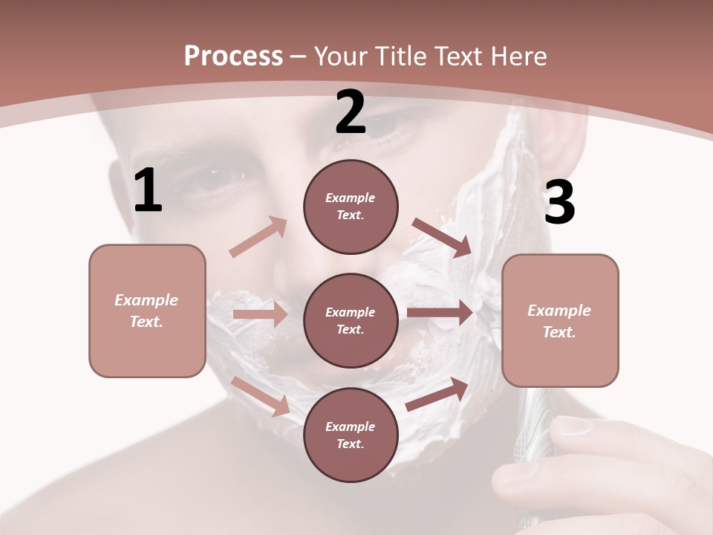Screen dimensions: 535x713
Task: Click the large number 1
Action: [x=148, y=191]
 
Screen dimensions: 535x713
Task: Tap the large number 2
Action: [x=351, y=112]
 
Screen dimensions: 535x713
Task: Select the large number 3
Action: [x=559, y=203]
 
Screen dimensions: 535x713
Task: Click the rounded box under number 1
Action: [x=147, y=311]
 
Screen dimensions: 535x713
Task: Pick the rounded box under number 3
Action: [x=560, y=320]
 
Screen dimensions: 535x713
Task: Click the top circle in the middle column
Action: [x=351, y=207]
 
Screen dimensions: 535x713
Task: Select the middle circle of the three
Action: [x=351, y=320]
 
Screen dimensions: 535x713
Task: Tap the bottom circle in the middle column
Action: [x=351, y=435]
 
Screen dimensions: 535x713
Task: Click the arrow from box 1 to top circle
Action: [x=258, y=237]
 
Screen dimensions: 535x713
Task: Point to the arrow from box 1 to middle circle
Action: [x=260, y=314]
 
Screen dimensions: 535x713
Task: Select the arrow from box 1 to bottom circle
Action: [x=261, y=396]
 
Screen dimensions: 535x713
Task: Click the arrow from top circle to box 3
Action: [x=442, y=237]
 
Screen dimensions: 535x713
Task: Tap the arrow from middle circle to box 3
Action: [x=440, y=313]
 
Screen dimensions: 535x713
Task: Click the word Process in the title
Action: [x=233, y=56]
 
